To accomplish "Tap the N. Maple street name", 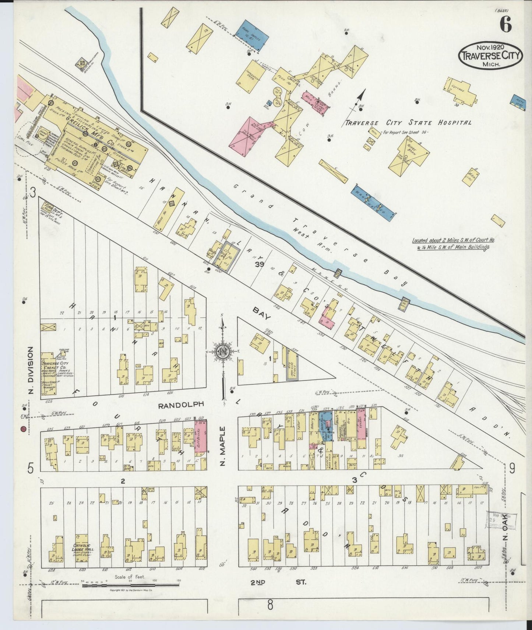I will pyautogui.click(x=222, y=445).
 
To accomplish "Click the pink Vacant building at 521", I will pyautogui.click(x=361, y=424).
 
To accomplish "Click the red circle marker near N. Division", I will pyautogui.click(x=23, y=429).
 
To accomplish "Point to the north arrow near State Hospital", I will pyautogui.click(x=362, y=97).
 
